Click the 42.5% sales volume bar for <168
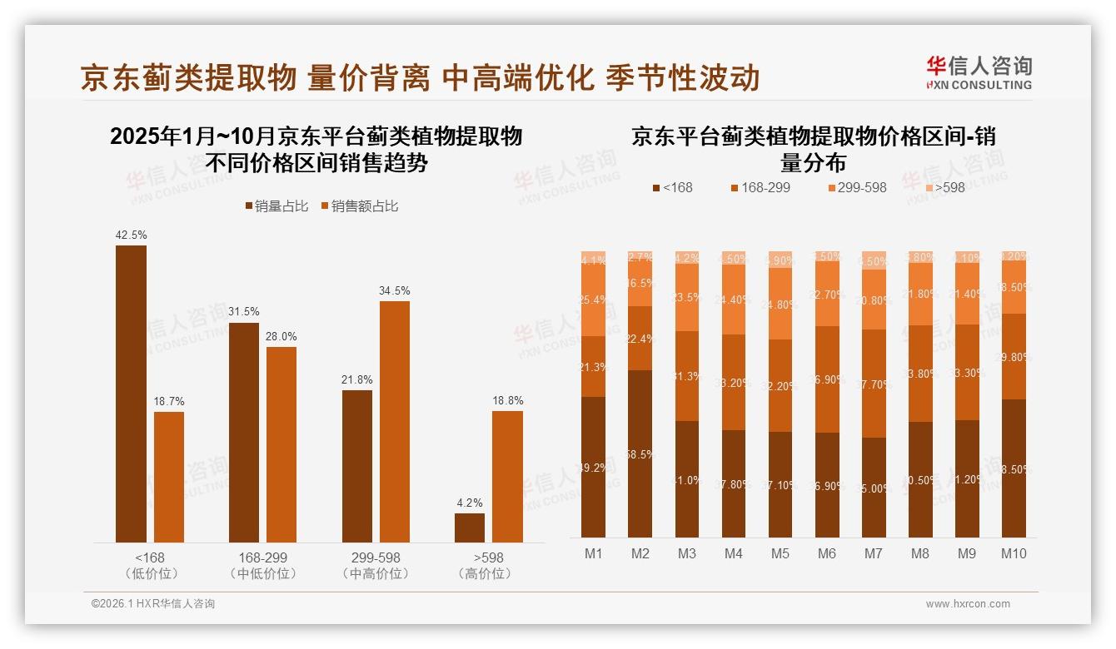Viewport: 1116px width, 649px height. tap(131, 394)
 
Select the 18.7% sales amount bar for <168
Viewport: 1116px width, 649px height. tap(169, 477)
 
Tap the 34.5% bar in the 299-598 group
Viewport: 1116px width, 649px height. tap(395, 421)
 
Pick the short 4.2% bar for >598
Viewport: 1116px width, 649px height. tap(469, 528)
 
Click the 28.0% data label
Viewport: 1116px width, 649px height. tap(281, 336)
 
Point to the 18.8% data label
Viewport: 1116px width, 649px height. tap(507, 400)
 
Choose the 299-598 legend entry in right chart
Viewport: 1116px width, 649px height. tap(857, 187)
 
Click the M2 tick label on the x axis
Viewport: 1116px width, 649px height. tap(640, 553)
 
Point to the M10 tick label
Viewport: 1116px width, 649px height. tap(1013, 553)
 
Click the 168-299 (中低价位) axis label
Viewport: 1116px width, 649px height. tap(262, 565)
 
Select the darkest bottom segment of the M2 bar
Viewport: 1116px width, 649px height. tap(640, 453)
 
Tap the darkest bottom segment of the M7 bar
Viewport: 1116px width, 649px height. tap(874, 487)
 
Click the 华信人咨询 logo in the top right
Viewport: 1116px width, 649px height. tap(979, 72)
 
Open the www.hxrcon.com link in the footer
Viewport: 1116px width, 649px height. tap(967, 604)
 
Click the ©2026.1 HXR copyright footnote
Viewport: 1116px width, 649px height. tap(152, 604)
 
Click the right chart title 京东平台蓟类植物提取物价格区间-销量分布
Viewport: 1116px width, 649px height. tap(813, 148)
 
